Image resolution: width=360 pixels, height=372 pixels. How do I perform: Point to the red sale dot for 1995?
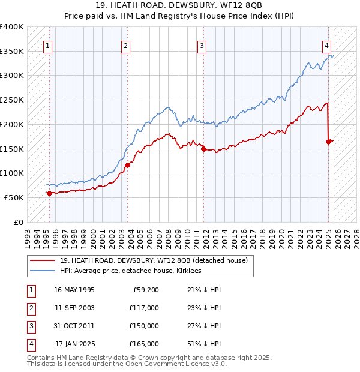pyautogui.click(x=49, y=193)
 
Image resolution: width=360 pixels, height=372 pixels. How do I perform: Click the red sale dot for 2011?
pyautogui.click(x=204, y=149)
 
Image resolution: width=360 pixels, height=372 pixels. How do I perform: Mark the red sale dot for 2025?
pyautogui.click(x=329, y=142)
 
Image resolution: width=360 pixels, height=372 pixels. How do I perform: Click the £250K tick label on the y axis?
pyautogui.click(x=12, y=100)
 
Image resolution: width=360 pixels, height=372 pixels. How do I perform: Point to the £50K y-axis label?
pyautogui.click(x=14, y=197)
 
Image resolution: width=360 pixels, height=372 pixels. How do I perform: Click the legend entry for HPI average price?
pyautogui.click(x=130, y=271)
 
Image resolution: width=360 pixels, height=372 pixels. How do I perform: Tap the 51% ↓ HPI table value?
pyautogui.click(x=200, y=344)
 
